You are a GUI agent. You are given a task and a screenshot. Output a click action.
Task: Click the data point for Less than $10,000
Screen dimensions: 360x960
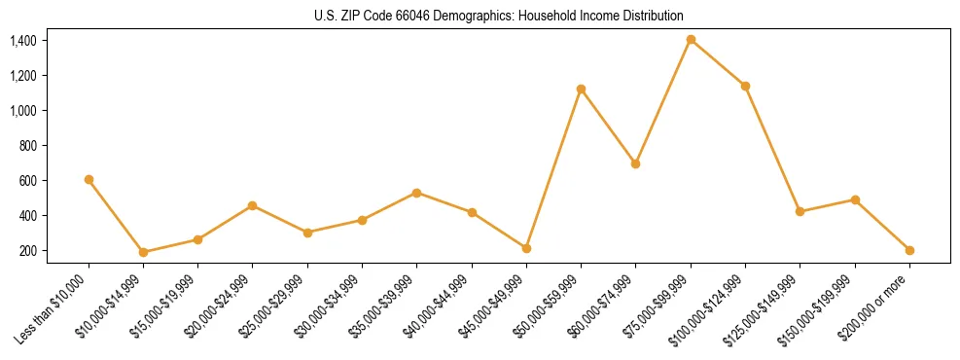point(89,179)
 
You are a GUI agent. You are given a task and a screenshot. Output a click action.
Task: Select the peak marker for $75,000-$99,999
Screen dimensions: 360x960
point(691,40)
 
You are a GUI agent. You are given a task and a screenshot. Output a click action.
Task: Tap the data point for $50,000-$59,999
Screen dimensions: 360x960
point(581,89)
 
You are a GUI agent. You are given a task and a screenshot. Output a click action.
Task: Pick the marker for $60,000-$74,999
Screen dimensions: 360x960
point(635,163)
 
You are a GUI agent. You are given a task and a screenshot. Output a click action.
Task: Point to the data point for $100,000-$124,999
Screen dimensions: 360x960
point(745,86)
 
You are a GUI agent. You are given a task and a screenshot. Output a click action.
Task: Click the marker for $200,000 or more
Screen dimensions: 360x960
point(909,250)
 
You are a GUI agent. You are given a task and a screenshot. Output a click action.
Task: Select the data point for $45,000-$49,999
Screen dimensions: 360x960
point(526,248)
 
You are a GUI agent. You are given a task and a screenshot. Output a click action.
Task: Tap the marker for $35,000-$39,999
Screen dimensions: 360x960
point(416,193)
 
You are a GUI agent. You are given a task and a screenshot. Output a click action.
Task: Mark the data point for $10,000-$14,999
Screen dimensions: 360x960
point(143,252)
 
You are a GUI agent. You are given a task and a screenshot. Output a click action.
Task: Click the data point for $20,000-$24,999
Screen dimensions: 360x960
point(253,205)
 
